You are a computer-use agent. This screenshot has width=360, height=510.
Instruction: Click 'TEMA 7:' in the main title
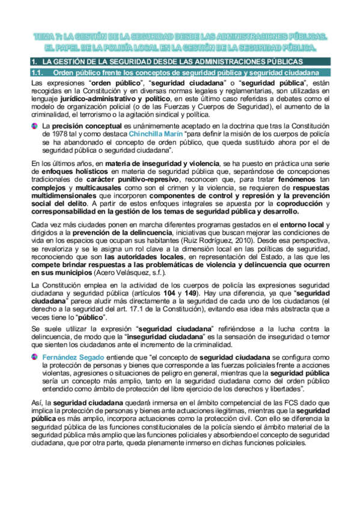(48, 37)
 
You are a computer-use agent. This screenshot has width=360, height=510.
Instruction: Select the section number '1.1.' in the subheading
(38, 73)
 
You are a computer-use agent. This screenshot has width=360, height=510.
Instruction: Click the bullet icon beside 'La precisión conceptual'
(35, 125)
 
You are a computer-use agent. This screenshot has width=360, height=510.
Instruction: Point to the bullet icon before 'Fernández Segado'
(35, 357)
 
